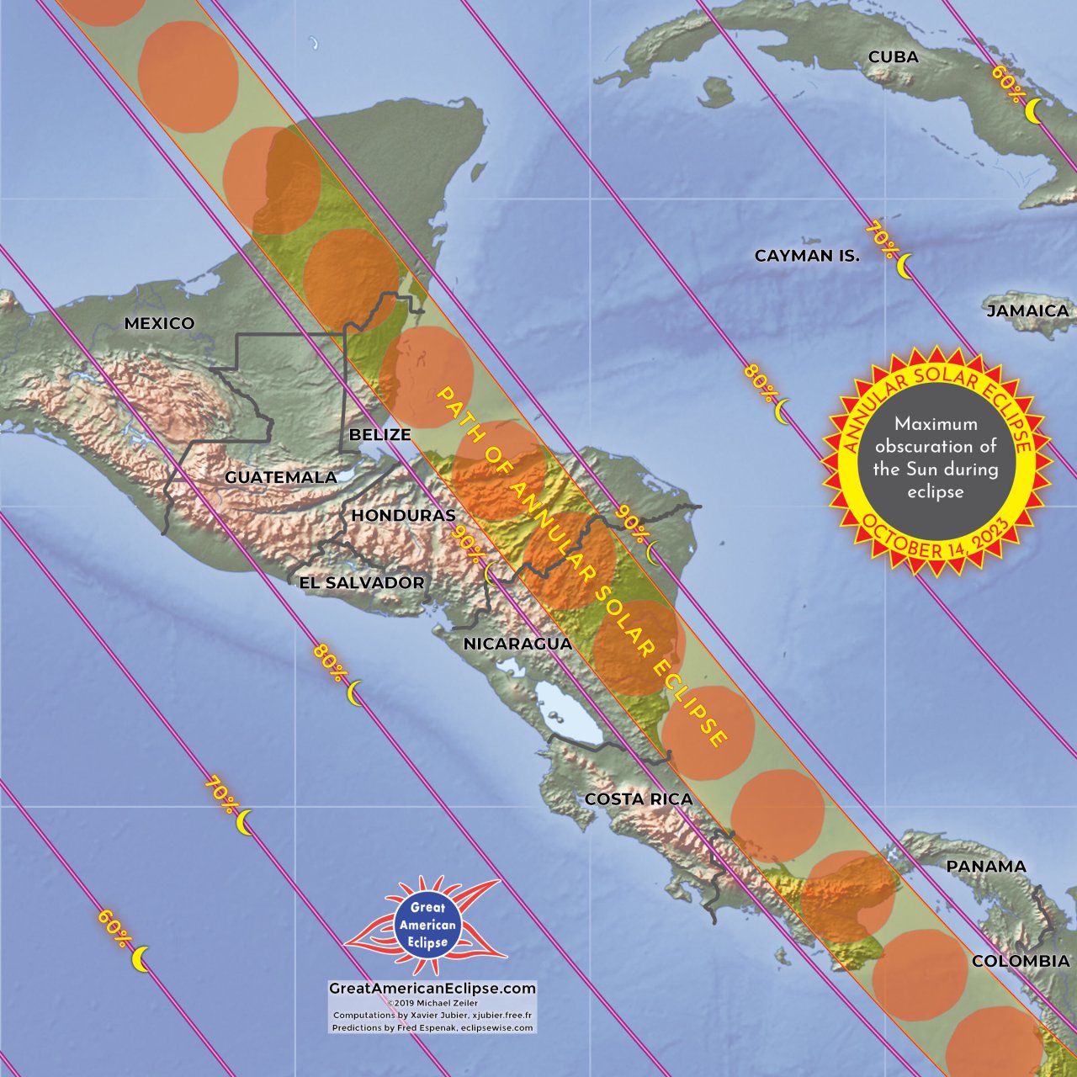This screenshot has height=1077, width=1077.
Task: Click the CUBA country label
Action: click(893, 57)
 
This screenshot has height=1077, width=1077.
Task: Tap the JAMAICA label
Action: click(1027, 310)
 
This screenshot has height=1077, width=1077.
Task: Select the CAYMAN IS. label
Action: click(807, 256)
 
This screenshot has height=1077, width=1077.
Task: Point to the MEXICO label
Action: click(159, 323)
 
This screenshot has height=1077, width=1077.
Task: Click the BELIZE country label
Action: click(379, 435)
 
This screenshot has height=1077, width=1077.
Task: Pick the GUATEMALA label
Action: click(280, 477)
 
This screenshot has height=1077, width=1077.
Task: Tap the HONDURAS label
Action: click(403, 515)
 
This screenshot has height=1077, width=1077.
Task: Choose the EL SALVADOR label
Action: click(362, 582)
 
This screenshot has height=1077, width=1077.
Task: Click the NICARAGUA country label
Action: click(517, 644)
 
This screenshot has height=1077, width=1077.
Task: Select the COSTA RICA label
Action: click(639, 798)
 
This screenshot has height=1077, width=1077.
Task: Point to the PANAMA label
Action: click(986, 866)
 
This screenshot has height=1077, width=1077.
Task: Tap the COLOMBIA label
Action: click(1021, 961)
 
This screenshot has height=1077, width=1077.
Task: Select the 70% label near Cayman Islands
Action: click(880, 238)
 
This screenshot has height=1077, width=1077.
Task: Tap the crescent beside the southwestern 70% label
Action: click(244, 822)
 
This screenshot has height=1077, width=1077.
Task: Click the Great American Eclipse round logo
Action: click(427, 924)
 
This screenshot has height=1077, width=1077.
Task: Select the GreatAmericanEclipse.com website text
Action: click(432, 989)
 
